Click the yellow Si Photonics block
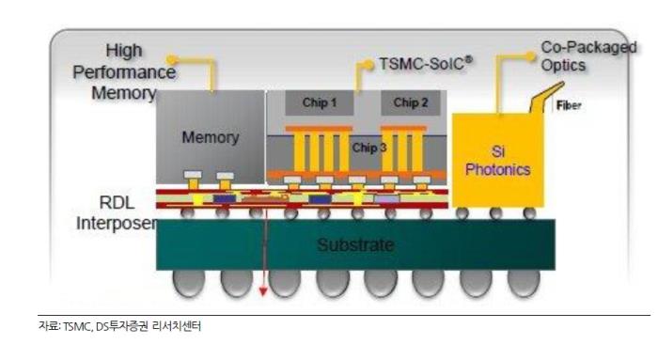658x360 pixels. (x=497, y=160)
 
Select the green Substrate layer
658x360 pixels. (x=356, y=246)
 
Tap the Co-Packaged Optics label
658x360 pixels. (x=576, y=56)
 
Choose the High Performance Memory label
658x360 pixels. (x=131, y=71)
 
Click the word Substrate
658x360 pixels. (x=356, y=246)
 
